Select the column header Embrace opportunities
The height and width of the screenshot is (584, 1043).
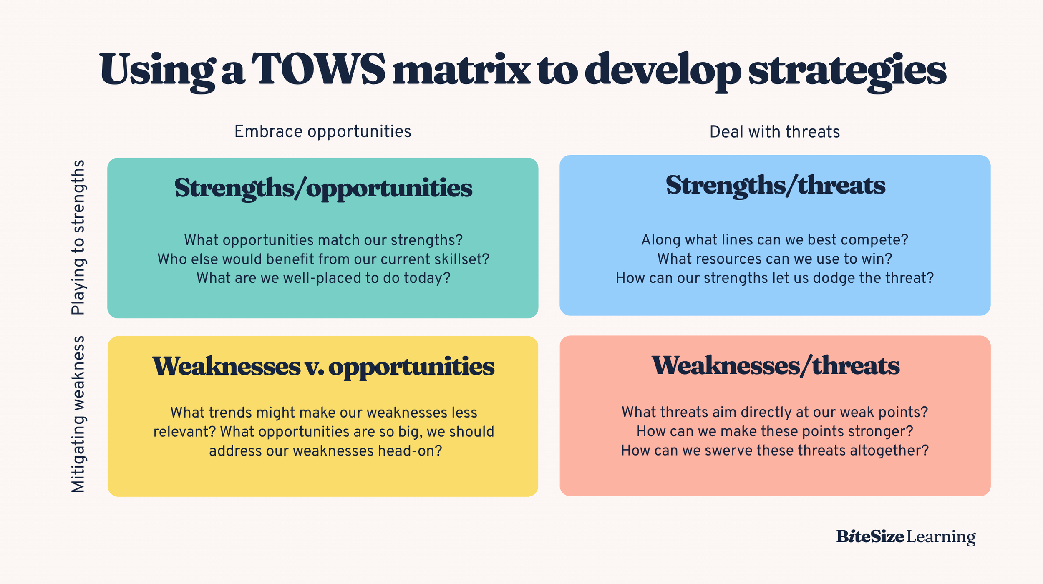point(322,132)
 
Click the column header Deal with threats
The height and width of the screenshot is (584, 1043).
point(774,132)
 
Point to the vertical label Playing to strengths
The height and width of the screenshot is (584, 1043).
point(78,237)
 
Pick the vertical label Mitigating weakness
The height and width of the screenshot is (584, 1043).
point(78,415)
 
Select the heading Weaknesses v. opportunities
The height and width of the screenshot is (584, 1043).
point(323,367)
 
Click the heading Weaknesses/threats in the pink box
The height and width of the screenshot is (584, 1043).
point(775,366)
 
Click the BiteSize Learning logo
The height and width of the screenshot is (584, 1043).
point(906,536)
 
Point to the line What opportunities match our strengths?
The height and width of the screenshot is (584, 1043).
point(323,240)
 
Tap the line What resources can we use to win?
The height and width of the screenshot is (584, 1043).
point(775,259)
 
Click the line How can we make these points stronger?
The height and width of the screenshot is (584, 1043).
point(775,432)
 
